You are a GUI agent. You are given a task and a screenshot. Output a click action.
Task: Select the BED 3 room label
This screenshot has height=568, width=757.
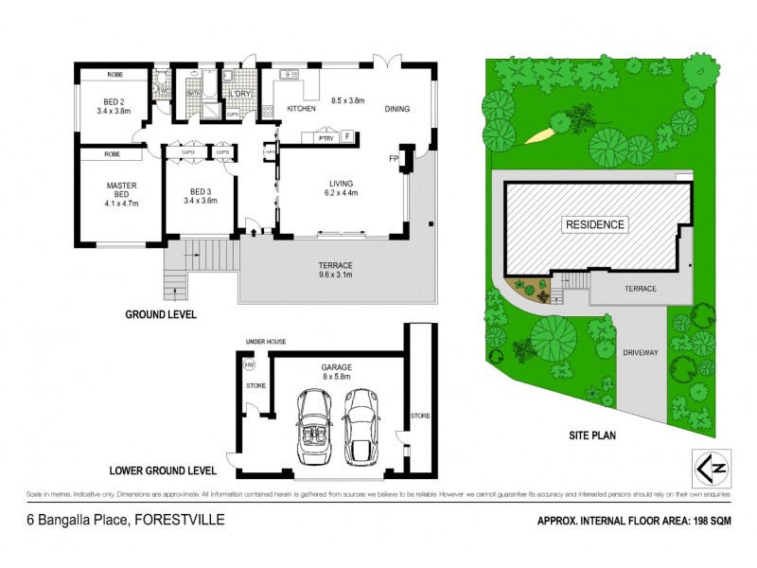(200, 195)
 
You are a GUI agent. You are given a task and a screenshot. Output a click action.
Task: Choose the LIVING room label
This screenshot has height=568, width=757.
(341, 185)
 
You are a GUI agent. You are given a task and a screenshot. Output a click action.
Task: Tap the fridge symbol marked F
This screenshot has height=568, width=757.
(347, 137)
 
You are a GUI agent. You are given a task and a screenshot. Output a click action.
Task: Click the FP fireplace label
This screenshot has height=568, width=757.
(393, 158)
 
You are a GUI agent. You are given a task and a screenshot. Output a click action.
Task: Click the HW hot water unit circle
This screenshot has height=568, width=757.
(250, 364)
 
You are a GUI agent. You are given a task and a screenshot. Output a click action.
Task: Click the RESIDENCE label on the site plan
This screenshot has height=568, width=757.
(595, 224)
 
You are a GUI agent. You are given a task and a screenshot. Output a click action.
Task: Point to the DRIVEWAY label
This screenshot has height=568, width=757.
(641, 352)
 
